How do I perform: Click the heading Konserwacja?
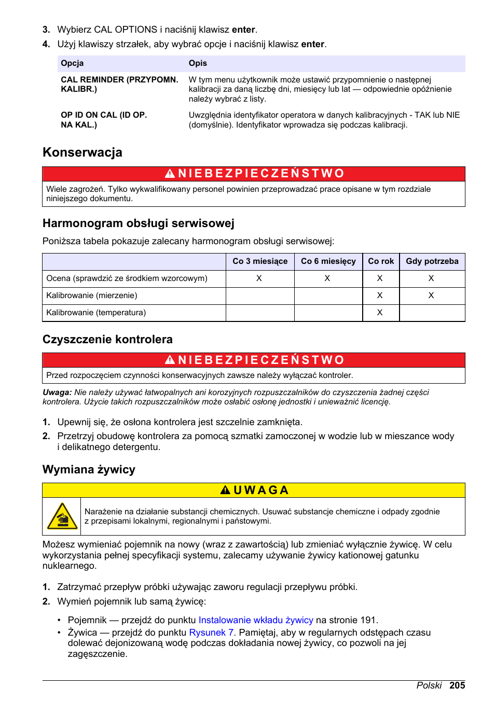82,152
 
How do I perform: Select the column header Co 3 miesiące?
259,261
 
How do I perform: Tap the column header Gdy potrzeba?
432,261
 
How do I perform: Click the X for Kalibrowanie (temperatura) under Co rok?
380,313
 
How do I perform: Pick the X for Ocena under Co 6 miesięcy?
327,278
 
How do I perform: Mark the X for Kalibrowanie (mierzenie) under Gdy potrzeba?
431,296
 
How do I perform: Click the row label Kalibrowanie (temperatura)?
96,313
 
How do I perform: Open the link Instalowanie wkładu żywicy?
256,620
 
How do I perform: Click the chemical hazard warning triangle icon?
62,516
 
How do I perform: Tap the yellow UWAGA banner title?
254,490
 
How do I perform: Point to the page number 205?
457,685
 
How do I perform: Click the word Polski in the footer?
429,685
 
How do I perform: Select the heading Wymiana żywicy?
89,470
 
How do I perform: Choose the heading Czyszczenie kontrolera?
107,340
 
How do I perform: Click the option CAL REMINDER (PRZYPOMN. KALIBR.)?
119,85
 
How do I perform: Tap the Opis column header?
198,63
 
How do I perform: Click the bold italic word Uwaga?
57,392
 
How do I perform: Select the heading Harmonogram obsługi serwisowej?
139,223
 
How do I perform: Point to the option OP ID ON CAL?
104,120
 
